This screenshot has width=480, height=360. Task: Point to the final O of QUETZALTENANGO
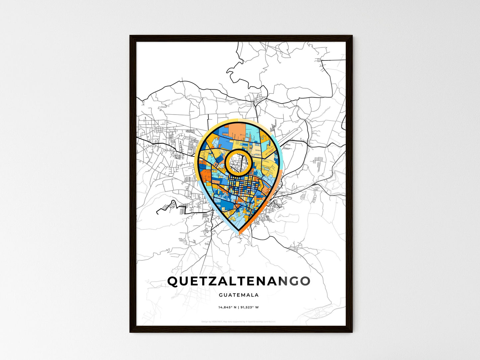click(x=305, y=281)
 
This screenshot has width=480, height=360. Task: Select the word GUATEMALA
click(x=239, y=295)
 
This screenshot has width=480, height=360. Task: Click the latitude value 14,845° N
click(x=228, y=307)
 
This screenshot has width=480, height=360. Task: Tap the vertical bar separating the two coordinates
click(x=239, y=307)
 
